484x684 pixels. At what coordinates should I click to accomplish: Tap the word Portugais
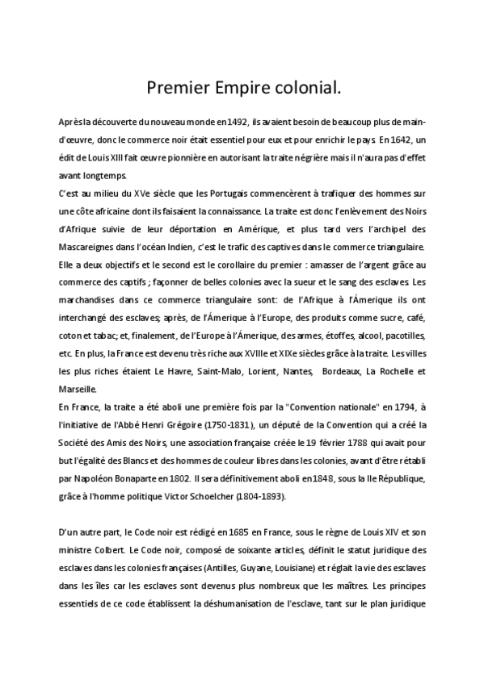[x=225, y=194]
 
